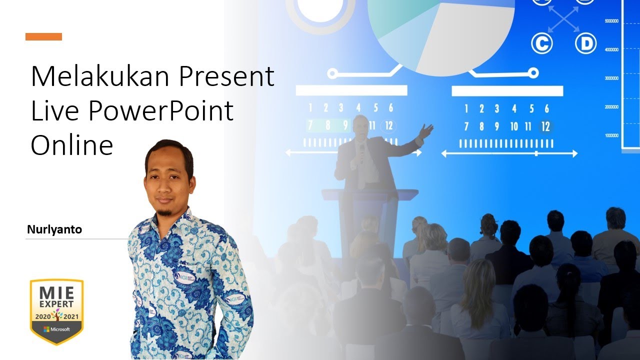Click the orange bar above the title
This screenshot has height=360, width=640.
point(43,36)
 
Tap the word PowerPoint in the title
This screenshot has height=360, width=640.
point(161,111)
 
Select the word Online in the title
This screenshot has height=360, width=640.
point(71,145)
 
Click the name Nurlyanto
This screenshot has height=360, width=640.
point(54,230)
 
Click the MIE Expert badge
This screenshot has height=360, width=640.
point(56,310)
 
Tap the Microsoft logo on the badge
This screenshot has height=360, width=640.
point(56,329)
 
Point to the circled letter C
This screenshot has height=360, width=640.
point(541,44)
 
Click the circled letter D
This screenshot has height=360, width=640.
point(585,44)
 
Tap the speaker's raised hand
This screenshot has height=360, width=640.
point(425,131)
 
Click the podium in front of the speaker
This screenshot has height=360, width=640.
point(367,210)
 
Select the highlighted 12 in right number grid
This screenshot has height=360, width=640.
point(545,127)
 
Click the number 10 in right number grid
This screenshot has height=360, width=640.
point(514,127)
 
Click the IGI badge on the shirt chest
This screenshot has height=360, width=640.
point(184,277)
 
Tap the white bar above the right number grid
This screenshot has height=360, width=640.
point(507,91)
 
